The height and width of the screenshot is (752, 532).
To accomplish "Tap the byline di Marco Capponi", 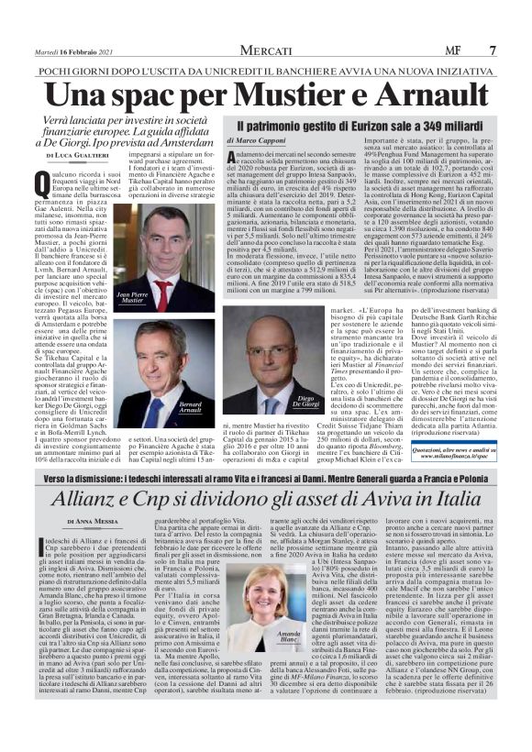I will (260, 141).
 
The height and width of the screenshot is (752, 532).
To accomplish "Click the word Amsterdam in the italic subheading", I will (183, 143).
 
